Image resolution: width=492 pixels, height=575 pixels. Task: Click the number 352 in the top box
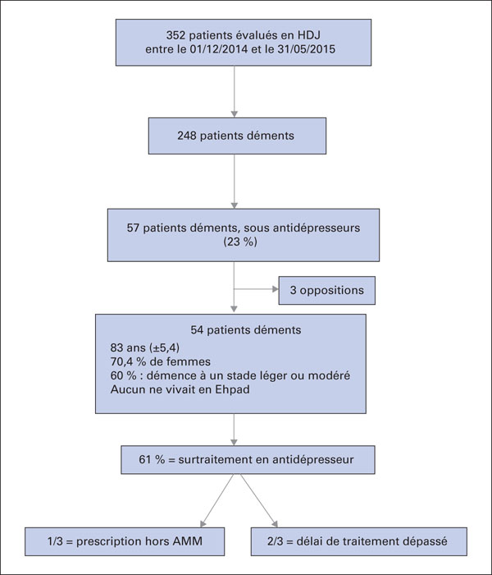coord(175,35)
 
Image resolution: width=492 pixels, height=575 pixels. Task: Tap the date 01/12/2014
coord(218,49)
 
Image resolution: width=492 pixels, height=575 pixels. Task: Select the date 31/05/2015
coord(306,49)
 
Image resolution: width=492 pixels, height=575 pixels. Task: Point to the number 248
coord(187,136)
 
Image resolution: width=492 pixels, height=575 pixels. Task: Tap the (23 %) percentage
coord(240,242)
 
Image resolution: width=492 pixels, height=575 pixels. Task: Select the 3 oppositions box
coord(327,291)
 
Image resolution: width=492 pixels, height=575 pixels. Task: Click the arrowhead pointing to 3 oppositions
coord(276,289)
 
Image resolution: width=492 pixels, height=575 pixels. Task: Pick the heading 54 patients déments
coord(246,330)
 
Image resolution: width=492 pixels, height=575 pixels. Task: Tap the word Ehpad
coord(232,389)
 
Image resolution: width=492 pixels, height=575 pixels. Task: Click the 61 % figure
coord(152,459)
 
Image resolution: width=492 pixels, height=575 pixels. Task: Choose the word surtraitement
coord(215,459)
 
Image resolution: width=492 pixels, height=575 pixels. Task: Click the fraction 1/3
coord(55,541)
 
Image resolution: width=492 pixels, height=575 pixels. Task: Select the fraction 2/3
coord(275,541)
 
